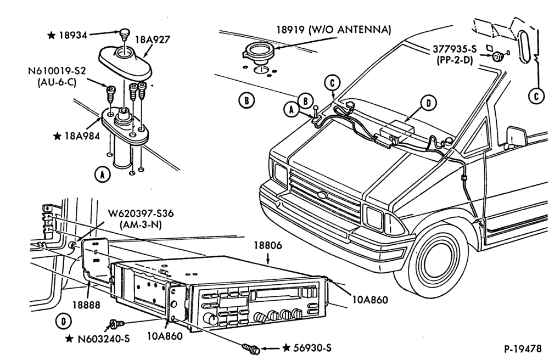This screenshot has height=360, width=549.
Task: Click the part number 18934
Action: click(72, 35)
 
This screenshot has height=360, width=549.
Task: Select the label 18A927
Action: click(153, 39)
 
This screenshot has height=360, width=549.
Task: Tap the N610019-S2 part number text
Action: click(57, 71)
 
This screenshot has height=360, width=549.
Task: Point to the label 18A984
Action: click(82, 136)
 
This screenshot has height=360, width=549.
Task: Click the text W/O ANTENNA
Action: click(350, 30)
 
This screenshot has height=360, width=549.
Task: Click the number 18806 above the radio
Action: click(268, 246)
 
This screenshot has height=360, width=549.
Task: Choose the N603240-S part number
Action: click(104, 339)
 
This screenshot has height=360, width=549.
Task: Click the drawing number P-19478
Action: click(523, 349)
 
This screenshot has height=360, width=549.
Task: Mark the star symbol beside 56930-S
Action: click(287, 348)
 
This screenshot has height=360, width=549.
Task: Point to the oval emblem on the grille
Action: click(321, 195)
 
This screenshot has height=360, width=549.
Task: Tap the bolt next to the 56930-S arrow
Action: click(251, 348)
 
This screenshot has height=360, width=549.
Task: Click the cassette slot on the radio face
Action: click(274, 292)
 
